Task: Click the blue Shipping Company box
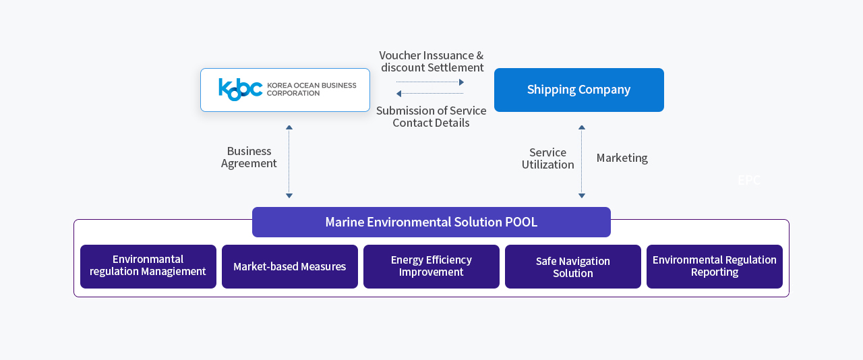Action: (578, 90)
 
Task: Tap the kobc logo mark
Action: (240, 89)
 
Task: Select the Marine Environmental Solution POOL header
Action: (431, 222)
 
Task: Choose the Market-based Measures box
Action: (290, 266)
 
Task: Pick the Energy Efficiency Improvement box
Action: (431, 266)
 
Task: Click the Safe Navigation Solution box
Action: (573, 266)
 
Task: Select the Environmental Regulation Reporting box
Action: (715, 266)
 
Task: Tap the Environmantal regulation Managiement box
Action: (148, 266)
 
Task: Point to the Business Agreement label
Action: (249, 157)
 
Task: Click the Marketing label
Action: (622, 158)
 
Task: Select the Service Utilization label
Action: (547, 158)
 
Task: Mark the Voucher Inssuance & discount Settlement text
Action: (431, 61)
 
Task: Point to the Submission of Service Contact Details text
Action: (431, 117)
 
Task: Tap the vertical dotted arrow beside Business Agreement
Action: (289, 162)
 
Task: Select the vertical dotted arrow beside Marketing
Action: (582, 162)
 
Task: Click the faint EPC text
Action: (748, 180)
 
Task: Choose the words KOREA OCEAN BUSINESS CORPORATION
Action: (311, 89)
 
